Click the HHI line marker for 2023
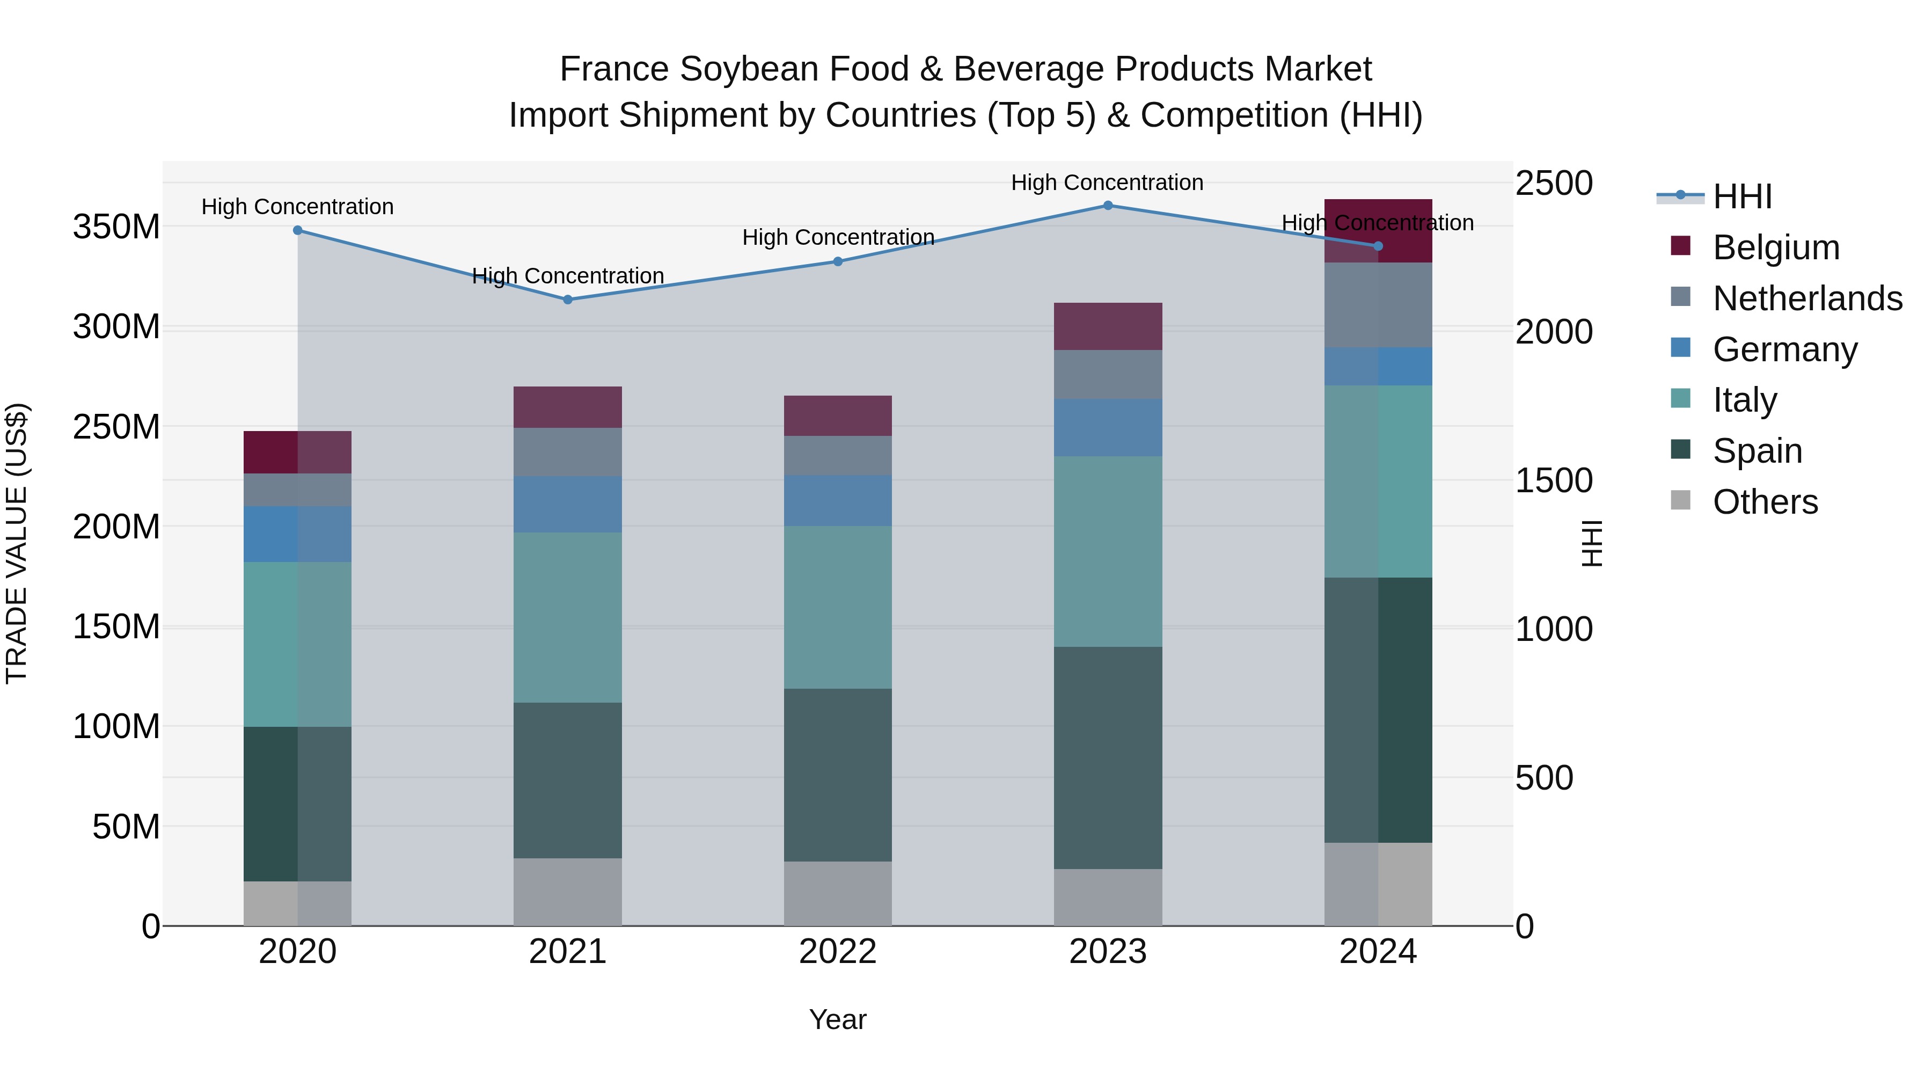point(1108,206)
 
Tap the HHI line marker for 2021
point(568,300)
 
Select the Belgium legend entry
point(1776,247)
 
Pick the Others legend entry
point(1765,502)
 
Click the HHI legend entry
point(1742,196)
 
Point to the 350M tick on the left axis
point(116,227)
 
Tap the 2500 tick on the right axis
point(1553,183)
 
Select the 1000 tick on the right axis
point(1553,630)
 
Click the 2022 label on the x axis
point(838,952)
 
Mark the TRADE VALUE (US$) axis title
point(17,543)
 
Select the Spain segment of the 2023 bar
point(1108,757)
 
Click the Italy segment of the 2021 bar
point(568,617)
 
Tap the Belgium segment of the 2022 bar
point(838,415)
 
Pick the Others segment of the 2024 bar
point(1378,885)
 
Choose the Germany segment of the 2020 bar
point(298,534)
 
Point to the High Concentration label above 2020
point(298,206)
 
